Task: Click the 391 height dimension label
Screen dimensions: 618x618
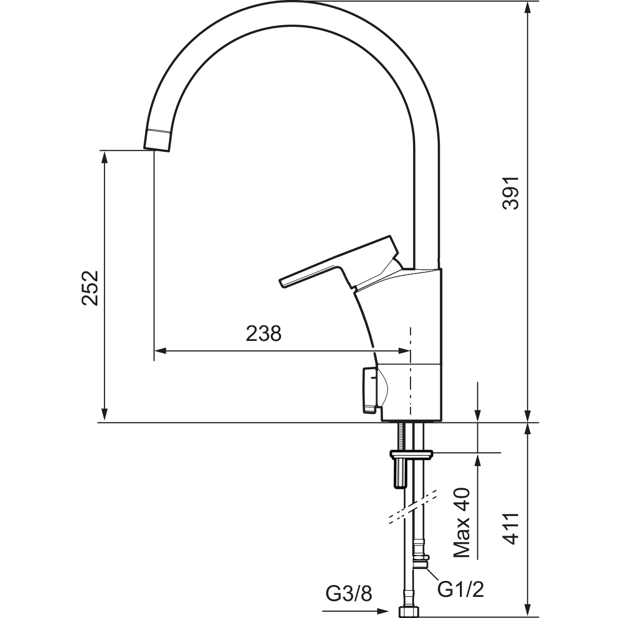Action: pos(510,193)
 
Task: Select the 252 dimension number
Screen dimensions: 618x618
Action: pos(90,288)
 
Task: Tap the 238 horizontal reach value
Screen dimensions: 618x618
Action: pos(264,334)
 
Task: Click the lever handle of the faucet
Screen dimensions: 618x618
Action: pos(340,264)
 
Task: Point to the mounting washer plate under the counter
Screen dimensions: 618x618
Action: pos(411,454)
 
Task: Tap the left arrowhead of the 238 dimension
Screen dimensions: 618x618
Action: pos(160,351)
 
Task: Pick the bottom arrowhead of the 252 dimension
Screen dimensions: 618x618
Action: pos(104,414)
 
